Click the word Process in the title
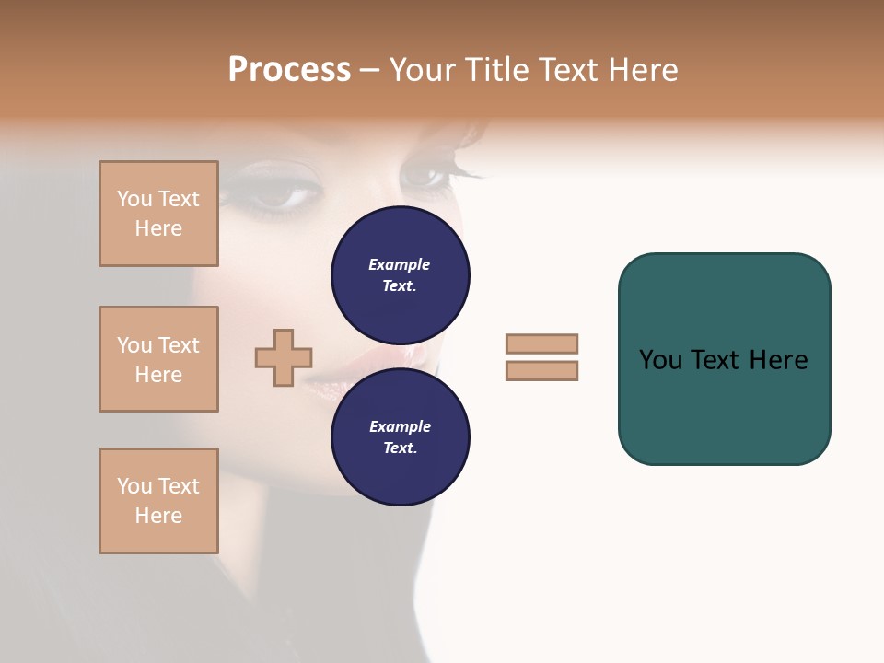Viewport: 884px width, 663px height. [x=289, y=70]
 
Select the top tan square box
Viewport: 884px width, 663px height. [x=158, y=214]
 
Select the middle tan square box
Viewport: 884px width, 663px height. [x=158, y=359]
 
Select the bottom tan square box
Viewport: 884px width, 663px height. [x=158, y=501]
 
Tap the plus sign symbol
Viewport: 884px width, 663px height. [x=284, y=358]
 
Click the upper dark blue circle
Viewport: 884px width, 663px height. [x=401, y=275]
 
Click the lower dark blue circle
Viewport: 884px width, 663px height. [x=401, y=437]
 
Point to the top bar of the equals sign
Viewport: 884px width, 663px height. [x=541, y=343]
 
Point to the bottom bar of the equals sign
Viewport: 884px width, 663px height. [x=541, y=370]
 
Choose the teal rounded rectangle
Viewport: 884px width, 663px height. [x=724, y=359]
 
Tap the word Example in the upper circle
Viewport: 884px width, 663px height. [x=399, y=264]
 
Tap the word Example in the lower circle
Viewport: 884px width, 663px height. [x=399, y=426]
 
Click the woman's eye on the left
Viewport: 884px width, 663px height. [x=276, y=194]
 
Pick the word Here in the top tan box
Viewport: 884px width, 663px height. [x=158, y=228]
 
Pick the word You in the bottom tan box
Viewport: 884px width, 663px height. [x=134, y=486]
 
